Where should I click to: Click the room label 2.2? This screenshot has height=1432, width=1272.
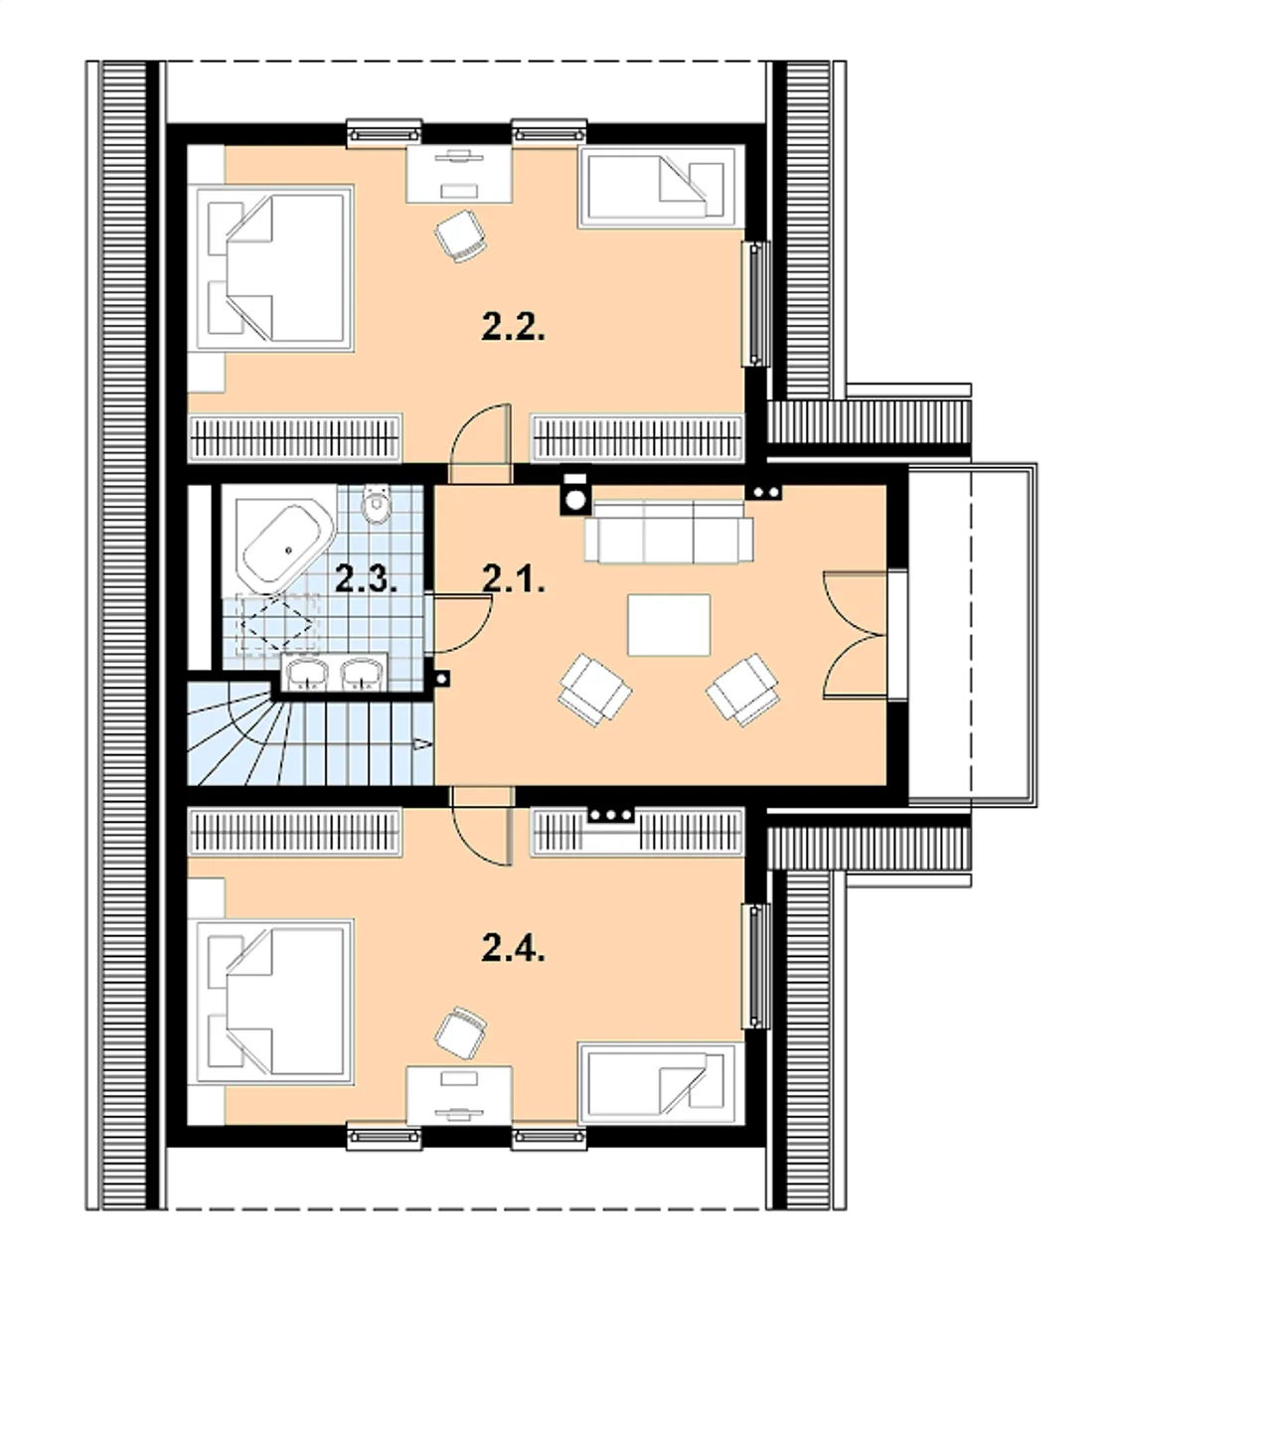click(514, 327)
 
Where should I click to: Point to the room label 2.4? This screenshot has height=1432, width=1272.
click(514, 948)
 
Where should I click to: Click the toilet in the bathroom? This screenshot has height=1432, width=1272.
click(377, 503)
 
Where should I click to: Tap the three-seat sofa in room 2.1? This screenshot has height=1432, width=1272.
click(668, 531)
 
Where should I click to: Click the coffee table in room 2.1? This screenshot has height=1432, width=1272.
click(669, 625)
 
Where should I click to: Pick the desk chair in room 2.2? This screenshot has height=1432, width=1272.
click(460, 237)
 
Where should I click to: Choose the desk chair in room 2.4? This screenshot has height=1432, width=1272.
click(460, 1033)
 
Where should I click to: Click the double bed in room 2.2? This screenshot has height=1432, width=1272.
click(274, 268)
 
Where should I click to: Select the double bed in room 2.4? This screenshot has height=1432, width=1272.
click(274, 1002)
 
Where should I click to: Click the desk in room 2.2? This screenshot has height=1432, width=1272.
click(459, 174)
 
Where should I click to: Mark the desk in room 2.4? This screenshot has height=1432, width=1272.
click(459, 1094)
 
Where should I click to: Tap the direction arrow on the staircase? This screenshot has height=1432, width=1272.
click(422, 743)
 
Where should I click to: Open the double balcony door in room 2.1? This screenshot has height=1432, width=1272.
click(856, 634)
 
